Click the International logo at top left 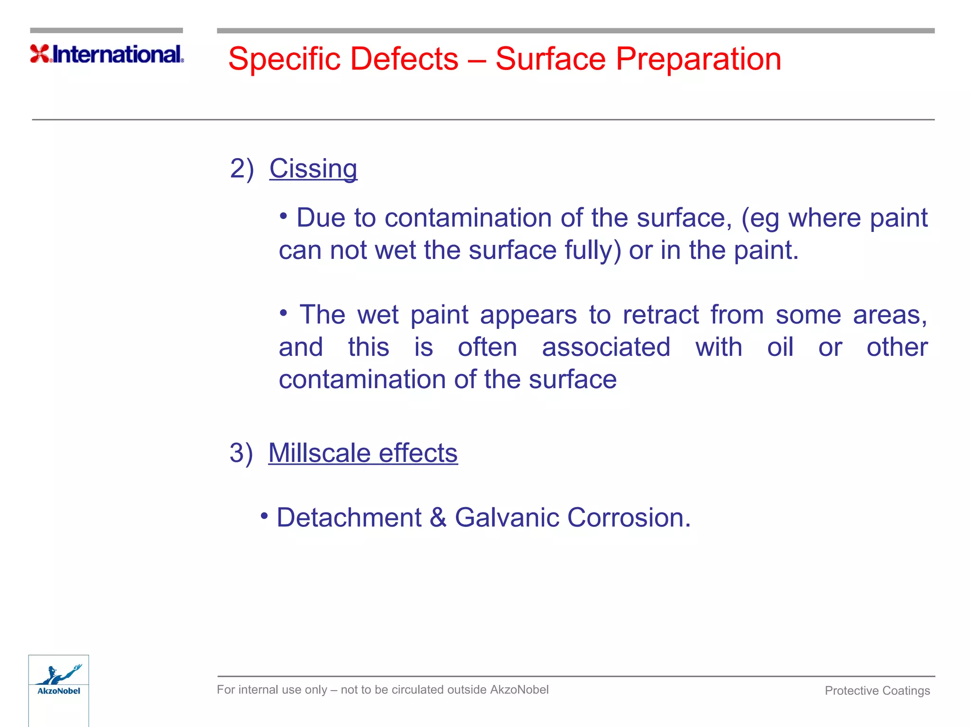[107, 54]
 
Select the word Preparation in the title [698, 59]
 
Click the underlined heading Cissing [313, 169]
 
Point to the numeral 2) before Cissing [242, 169]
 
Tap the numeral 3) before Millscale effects [241, 453]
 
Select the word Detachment [349, 517]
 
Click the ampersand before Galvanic [438, 517]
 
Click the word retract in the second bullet [661, 315]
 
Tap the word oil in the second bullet [780, 347]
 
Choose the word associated [606, 347]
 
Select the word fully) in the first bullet [593, 250]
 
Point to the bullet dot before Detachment [264, 515]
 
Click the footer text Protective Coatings [877, 691]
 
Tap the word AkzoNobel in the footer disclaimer [519, 690]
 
